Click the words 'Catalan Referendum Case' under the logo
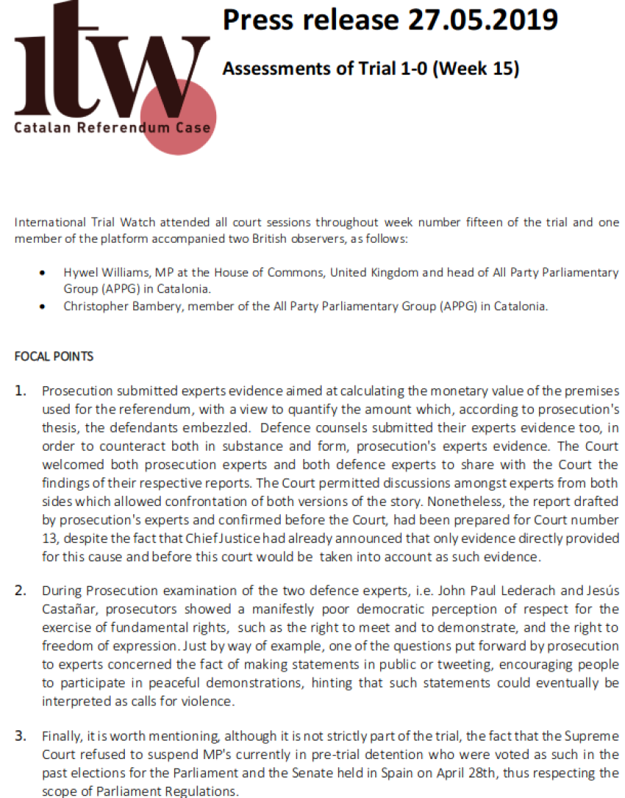click(112, 128)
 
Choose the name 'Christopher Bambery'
click(123, 306)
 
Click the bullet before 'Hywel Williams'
click(46, 273)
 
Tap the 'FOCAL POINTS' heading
click(54, 357)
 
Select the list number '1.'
click(22, 391)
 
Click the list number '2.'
click(22, 590)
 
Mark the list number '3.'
click(22, 735)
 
